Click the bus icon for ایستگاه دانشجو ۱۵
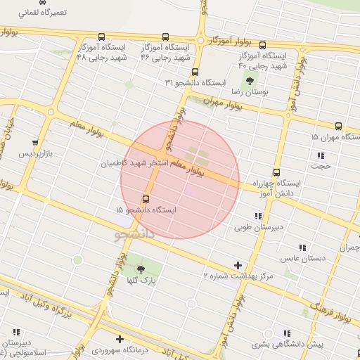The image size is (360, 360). [x=146, y=199]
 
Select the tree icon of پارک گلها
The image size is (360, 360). [x=140, y=269]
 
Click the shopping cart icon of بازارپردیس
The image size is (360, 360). [x=35, y=143]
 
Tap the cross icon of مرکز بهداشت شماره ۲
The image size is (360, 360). [x=238, y=265]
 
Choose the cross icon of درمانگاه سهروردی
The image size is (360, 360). [x=120, y=339]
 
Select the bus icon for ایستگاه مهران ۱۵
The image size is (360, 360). [x=338, y=127]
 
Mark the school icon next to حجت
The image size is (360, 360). [x=321, y=155]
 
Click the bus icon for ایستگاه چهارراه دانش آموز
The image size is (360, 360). [x=276, y=172]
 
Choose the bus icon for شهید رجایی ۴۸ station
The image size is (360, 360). [x=101, y=37]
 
